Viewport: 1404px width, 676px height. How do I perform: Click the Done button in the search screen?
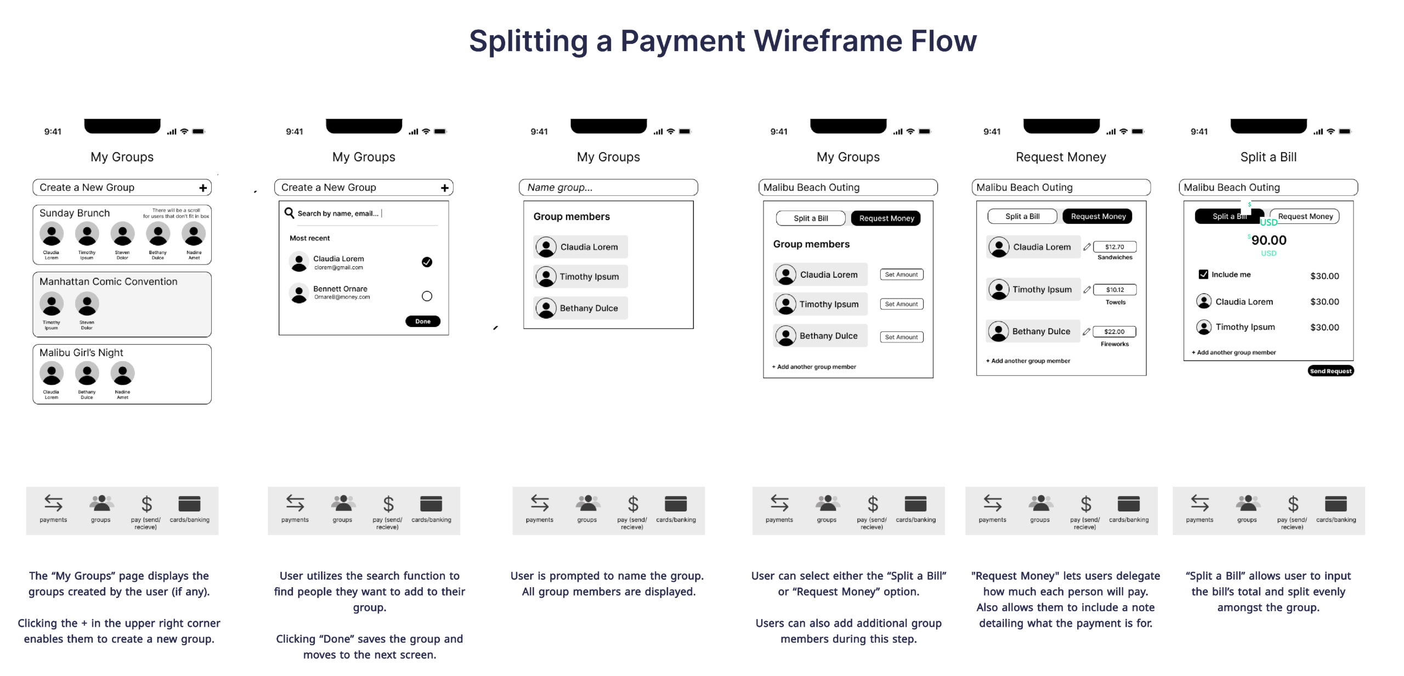(x=422, y=322)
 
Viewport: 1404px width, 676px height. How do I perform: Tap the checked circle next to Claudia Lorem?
(x=427, y=262)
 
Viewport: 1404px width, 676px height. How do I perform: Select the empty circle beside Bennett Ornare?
(x=427, y=296)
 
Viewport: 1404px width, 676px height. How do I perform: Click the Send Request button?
(x=1331, y=371)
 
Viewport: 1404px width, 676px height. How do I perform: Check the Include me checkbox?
(x=1203, y=274)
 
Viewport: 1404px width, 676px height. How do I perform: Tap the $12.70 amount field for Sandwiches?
(x=1114, y=247)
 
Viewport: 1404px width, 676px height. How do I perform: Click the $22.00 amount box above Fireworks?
(x=1114, y=331)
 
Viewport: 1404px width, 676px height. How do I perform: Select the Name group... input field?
(x=608, y=188)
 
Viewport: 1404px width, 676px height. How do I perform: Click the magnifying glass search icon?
(x=289, y=213)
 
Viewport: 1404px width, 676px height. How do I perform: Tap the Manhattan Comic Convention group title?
(x=109, y=281)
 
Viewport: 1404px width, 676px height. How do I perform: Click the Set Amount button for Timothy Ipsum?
(x=901, y=304)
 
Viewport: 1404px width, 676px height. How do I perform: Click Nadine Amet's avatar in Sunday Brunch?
(x=194, y=234)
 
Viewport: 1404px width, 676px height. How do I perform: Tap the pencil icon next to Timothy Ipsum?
(x=1086, y=290)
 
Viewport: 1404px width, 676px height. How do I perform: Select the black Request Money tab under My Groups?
(x=886, y=218)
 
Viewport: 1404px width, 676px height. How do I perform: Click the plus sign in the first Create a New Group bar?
(x=203, y=188)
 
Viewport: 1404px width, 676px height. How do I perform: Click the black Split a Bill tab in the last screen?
(x=1227, y=217)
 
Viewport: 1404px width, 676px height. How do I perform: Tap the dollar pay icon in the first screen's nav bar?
(x=146, y=504)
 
